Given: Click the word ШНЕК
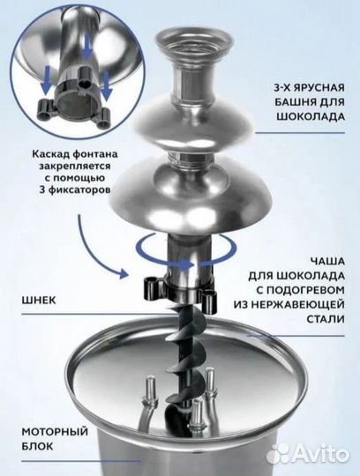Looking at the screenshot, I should [31, 300].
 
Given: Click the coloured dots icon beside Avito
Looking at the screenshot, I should [280, 452].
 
